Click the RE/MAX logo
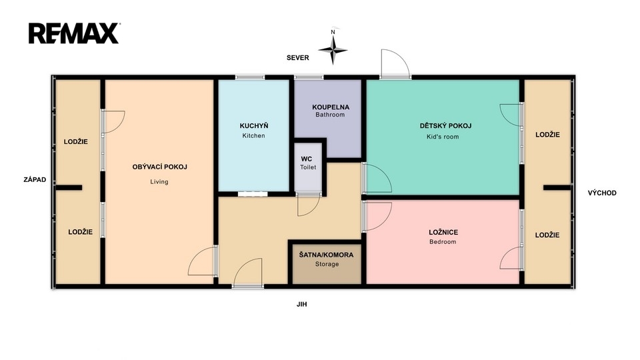pyautogui.click(x=74, y=33)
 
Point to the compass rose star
pyautogui.click(x=333, y=50)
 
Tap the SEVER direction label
pyautogui.click(x=297, y=58)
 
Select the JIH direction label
pyautogui.click(x=301, y=305)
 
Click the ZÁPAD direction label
pyautogui.click(x=35, y=179)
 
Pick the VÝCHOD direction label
pyautogui.click(x=602, y=193)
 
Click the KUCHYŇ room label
pyautogui.click(x=254, y=126)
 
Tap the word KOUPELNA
pyautogui.click(x=331, y=107)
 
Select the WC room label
pyautogui.click(x=307, y=159)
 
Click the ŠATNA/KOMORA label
pyautogui.click(x=326, y=255)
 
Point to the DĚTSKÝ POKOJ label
pyautogui.click(x=445, y=126)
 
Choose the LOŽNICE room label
pyautogui.click(x=443, y=233)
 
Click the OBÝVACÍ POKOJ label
pyautogui.click(x=159, y=167)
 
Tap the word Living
pyautogui.click(x=159, y=182)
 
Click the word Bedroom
pyautogui.click(x=443, y=242)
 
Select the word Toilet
pyautogui.click(x=308, y=167)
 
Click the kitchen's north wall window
pyautogui.click(x=250, y=77)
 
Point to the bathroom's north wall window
pyautogui.click(x=309, y=77)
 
